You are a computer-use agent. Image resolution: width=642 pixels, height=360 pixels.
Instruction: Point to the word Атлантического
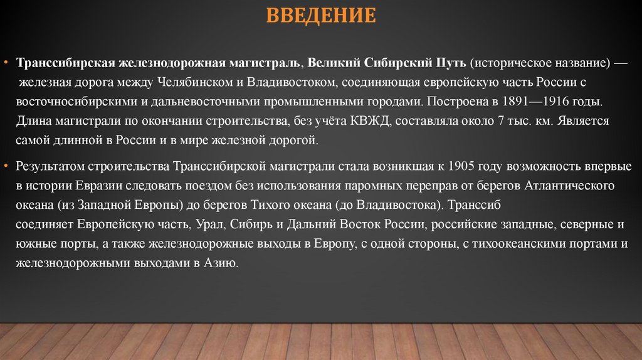point(568,186)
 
